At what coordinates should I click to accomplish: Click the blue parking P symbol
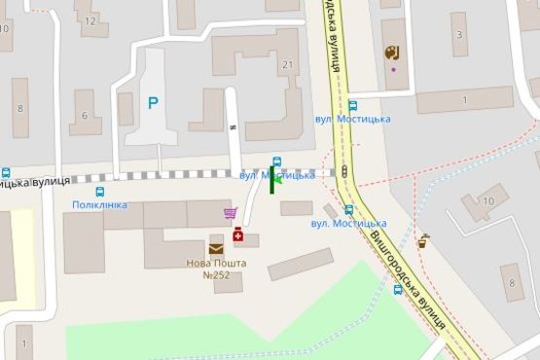152,101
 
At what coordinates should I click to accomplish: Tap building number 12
90,19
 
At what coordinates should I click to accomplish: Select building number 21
286,65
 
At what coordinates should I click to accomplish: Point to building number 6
85,116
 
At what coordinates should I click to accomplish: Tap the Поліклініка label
99,205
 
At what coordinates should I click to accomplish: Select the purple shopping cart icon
230,213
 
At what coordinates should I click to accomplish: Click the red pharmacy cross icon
237,234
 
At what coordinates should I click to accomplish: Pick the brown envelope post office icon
215,249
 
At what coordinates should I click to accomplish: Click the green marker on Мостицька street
272,179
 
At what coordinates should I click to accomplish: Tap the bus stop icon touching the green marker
277,162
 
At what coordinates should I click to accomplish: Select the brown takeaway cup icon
422,241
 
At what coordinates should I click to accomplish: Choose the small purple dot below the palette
393,69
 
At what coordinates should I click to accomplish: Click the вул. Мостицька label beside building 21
352,119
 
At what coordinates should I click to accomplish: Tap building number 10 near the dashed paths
488,201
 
